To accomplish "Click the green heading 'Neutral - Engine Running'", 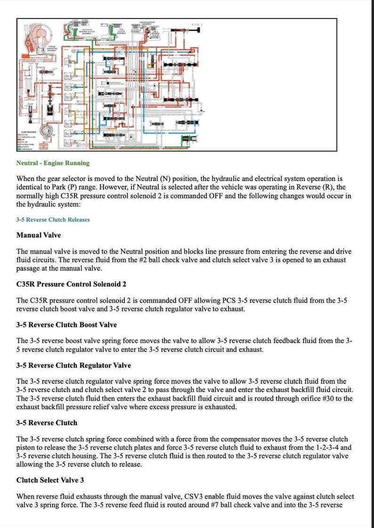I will click(x=53, y=163).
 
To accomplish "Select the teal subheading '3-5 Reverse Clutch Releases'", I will click(x=53, y=220).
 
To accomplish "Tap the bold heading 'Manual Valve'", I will click(x=38, y=235).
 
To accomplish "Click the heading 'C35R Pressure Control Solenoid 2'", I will click(x=71, y=284).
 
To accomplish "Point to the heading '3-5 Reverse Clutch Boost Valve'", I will click(x=66, y=325).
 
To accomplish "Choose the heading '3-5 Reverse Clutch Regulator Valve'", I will click(x=73, y=365).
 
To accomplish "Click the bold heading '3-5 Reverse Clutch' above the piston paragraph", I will click(x=47, y=422).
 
